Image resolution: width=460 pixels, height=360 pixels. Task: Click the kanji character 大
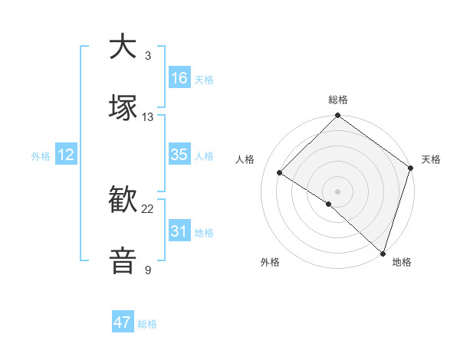pyautogui.click(x=123, y=47)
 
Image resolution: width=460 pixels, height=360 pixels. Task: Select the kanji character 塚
pyautogui.click(x=123, y=108)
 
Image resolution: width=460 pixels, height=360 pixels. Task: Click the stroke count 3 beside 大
pyautogui.click(x=147, y=56)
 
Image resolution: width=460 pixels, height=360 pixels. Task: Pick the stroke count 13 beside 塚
pyautogui.click(x=148, y=117)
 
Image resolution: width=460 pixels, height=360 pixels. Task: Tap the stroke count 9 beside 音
pyautogui.click(x=147, y=270)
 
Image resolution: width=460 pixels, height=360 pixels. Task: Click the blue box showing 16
pyautogui.click(x=179, y=78)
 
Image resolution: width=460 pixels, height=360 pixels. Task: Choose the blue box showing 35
pyautogui.click(x=179, y=155)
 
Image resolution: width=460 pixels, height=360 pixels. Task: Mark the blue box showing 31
pyautogui.click(x=179, y=231)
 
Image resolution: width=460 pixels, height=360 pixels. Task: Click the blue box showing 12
pyautogui.click(x=66, y=155)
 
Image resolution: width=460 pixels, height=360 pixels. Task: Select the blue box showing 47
pyautogui.click(x=123, y=322)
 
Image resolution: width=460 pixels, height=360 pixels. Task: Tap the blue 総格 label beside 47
pyautogui.click(x=147, y=324)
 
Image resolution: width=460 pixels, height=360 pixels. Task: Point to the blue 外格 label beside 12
pyautogui.click(x=41, y=156)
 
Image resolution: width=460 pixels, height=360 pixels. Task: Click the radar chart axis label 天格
pyautogui.click(x=431, y=159)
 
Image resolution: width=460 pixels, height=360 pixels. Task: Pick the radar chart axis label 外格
pyautogui.click(x=270, y=263)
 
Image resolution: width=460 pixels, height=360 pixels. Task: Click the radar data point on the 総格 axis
pyautogui.click(x=337, y=117)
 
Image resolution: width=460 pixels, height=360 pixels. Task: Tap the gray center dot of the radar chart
pyautogui.click(x=337, y=191)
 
